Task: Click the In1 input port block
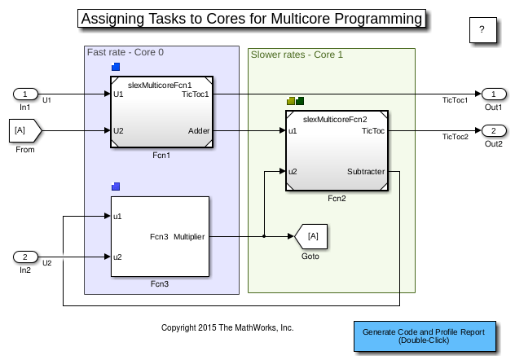(x=25, y=94)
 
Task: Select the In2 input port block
(x=25, y=257)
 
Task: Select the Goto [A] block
(x=310, y=237)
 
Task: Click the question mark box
(x=482, y=30)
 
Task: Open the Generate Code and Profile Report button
(x=429, y=336)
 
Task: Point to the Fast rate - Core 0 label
(x=125, y=53)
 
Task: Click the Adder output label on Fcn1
(x=198, y=130)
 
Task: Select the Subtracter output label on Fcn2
(x=365, y=172)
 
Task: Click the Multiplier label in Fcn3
(x=189, y=237)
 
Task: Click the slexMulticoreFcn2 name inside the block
(x=335, y=120)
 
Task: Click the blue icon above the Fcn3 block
(x=116, y=187)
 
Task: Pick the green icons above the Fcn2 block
(x=296, y=101)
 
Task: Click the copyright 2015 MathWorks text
(x=227, y=327)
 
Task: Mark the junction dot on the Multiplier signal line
(x=265, y=237)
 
